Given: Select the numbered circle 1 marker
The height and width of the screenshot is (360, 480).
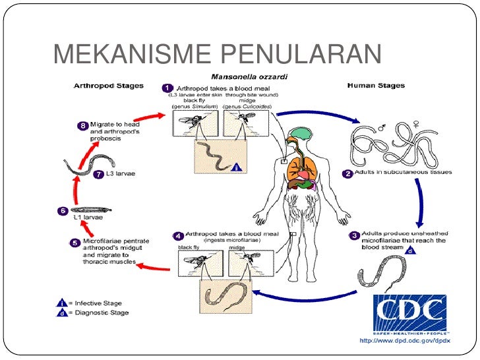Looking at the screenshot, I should [x=167, y=88].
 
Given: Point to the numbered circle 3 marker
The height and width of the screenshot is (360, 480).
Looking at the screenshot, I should [x=354, y=235].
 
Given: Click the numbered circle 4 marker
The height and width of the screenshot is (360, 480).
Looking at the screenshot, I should [x=177, y=235].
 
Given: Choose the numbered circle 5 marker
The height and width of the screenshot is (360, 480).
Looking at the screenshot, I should [x=75, y=243].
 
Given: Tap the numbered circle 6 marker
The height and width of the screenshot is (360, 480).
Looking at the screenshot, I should [x=63, y=211].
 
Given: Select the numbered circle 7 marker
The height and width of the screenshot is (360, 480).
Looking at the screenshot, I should [x=100, y=175].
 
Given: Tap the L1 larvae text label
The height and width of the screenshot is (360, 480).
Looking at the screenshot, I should [x=88, y=216].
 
